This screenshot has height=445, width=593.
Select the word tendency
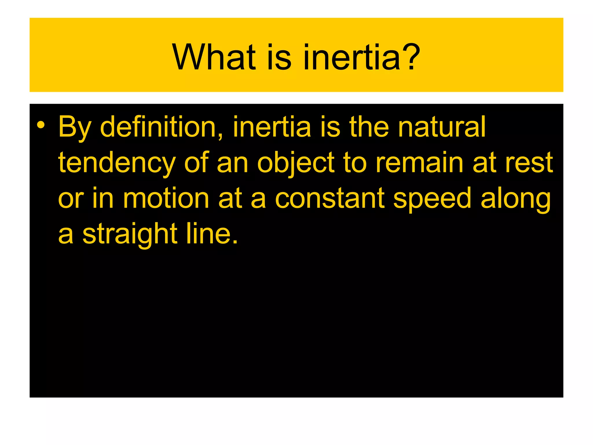click(117, 163)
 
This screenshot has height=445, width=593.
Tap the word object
click(296, 163)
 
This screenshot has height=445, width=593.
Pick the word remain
click(420, 163)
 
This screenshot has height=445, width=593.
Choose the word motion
click(166, 199)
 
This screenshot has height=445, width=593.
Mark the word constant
click(330, 199)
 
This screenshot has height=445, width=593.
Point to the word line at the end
click(212, 234)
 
